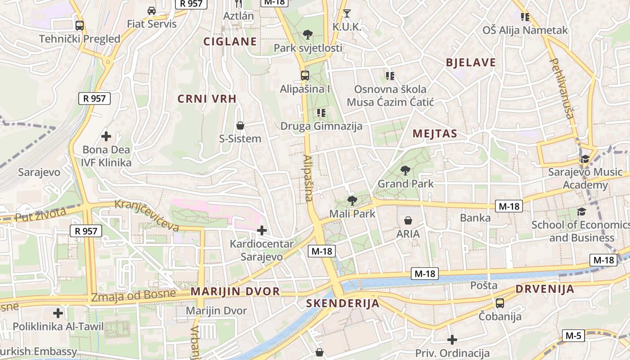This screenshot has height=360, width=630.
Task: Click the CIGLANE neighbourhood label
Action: [230, 42]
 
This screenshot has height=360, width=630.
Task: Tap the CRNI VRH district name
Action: [207, 99]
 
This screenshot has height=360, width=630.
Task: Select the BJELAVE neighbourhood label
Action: [471, 63]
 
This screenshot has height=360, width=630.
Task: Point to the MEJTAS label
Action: [435, 134]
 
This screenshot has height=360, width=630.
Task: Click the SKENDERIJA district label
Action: [343, 303]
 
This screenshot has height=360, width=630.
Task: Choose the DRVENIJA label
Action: [545, 289]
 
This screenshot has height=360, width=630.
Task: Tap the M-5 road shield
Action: [573, 335]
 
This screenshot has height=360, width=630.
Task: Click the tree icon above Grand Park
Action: [405, 171]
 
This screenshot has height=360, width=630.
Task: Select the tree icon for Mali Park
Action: [352, 201]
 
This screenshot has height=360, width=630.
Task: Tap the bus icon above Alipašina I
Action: [305, 76]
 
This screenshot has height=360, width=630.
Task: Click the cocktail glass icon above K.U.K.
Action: [346, 13]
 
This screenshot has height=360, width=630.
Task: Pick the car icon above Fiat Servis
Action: [152, 11]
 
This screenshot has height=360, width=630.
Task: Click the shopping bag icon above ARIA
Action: [408, 220]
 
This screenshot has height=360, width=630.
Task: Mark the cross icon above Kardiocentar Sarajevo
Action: [261, 231]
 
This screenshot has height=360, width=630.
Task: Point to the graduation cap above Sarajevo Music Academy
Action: [585, 159]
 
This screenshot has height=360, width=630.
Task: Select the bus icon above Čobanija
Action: [499, 303]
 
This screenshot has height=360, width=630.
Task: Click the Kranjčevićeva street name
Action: [147, 216]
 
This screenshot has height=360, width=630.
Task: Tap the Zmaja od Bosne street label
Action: [133, 296]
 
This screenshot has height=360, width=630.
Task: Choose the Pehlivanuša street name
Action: [562, 88]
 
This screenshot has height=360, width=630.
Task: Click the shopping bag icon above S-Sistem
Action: [240, 125]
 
